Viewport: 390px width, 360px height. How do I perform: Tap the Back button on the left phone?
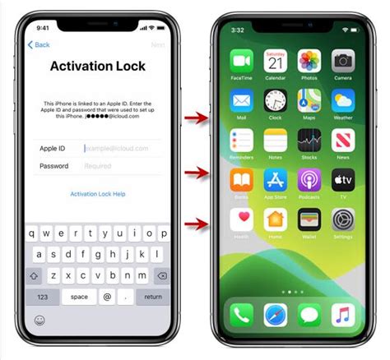coord(39,44)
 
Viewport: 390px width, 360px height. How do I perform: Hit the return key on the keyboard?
coord(153,296)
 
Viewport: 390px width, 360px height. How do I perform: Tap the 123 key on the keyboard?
coord(43,296)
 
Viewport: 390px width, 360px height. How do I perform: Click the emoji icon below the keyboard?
coord(39,319)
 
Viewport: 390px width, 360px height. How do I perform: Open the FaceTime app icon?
coord(242,61)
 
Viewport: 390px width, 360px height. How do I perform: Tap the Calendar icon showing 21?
coord(275,61)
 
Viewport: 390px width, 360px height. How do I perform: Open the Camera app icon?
coord(343,61)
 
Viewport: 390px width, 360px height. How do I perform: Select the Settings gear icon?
coord(343,219)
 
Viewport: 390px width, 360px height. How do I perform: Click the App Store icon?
coord(275,180)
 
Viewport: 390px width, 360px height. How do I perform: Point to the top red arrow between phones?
coord(195,118)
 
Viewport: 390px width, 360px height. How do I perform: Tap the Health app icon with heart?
coord(242,219)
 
